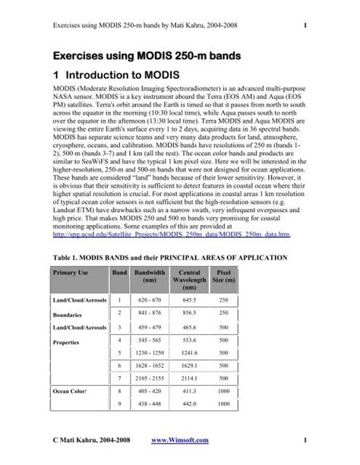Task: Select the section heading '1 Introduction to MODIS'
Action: pos(128,76)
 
